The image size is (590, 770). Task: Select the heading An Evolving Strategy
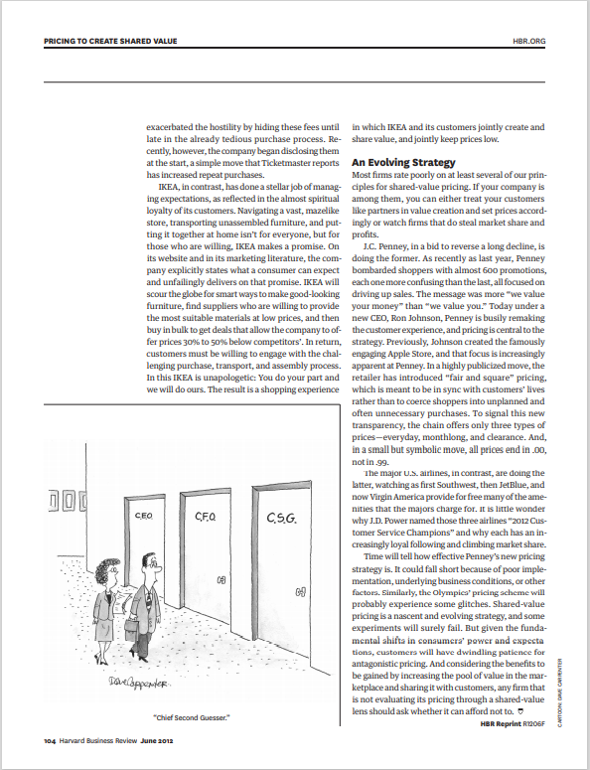pyautogui.click(x=400, y=161)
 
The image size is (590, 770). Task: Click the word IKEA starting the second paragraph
pyautogui.click(x=172, y=187)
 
